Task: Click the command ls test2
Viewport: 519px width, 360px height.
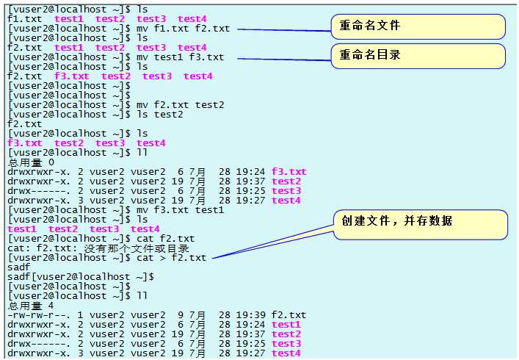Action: [x=160, y=115]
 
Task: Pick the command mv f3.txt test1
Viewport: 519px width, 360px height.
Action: [x=181, y=210]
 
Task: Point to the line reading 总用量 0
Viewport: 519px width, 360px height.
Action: [x=31, y=162]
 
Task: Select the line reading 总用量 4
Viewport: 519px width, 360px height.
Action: [x=31, y=306]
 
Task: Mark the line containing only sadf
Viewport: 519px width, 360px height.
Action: [x=19, y=267]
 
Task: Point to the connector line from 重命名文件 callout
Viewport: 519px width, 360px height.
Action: [x=286, y=30]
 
